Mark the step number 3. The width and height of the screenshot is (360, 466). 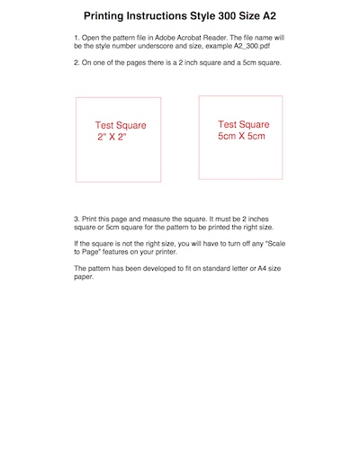click(76, 219)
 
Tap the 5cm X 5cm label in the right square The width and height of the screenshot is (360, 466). click(242, 136)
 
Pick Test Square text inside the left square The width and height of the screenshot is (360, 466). click(121, 126)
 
